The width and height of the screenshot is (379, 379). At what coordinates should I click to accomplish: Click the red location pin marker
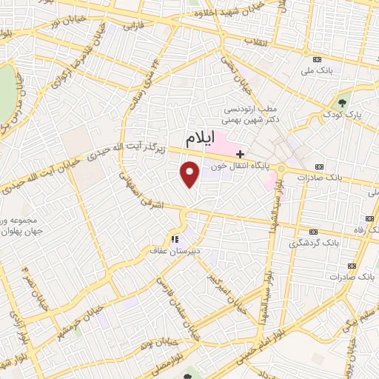190,174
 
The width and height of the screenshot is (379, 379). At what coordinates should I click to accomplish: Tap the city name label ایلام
204,138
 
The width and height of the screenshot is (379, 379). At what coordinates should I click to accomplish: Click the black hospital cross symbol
240,154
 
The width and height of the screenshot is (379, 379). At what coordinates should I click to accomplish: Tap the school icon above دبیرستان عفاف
175,239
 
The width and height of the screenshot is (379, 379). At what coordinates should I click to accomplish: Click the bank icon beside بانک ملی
318,58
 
